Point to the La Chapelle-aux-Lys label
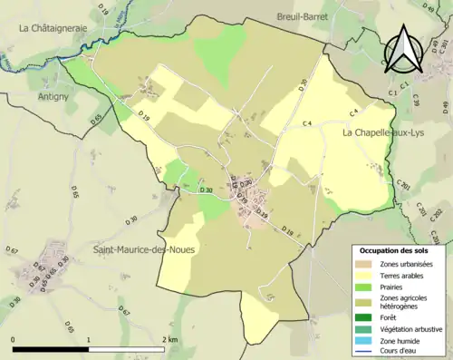[x=382, y=132]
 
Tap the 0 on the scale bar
[x=13, y=339]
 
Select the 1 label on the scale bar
[x=88, y=339]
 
